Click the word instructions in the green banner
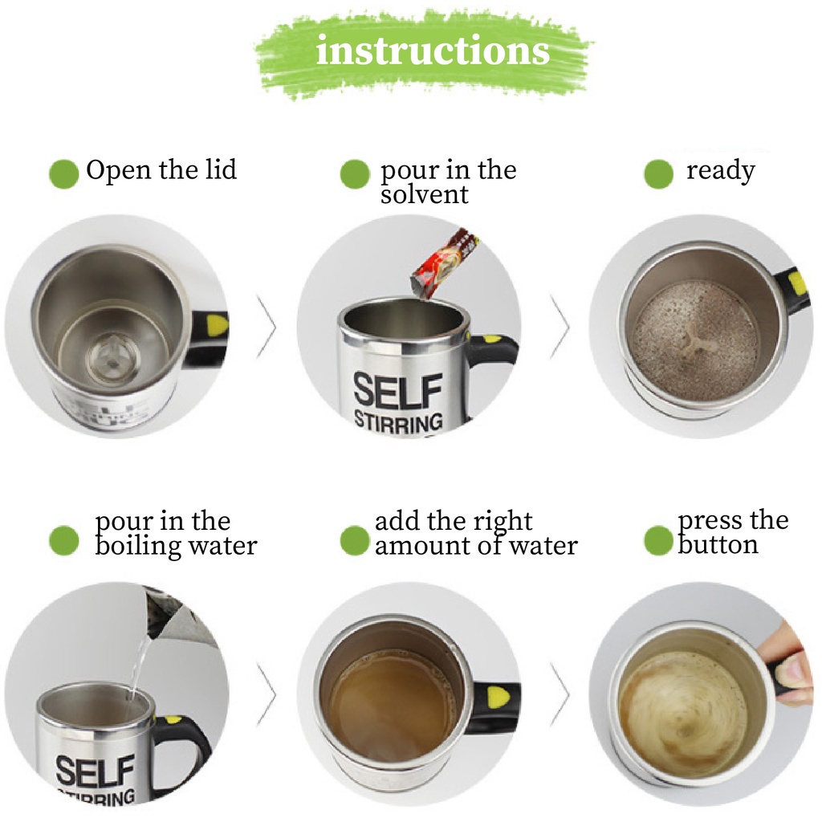point(433,51)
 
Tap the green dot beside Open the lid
point(63,173)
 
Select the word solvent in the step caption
point(424,195)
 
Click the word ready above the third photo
point(721,171)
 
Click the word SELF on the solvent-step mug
point(398,391)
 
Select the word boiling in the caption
point(136,546)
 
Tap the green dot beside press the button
point(658,540)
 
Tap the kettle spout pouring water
point(152,626)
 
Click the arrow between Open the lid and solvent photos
point(267,328)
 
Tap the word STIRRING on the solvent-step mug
point(399,422)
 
